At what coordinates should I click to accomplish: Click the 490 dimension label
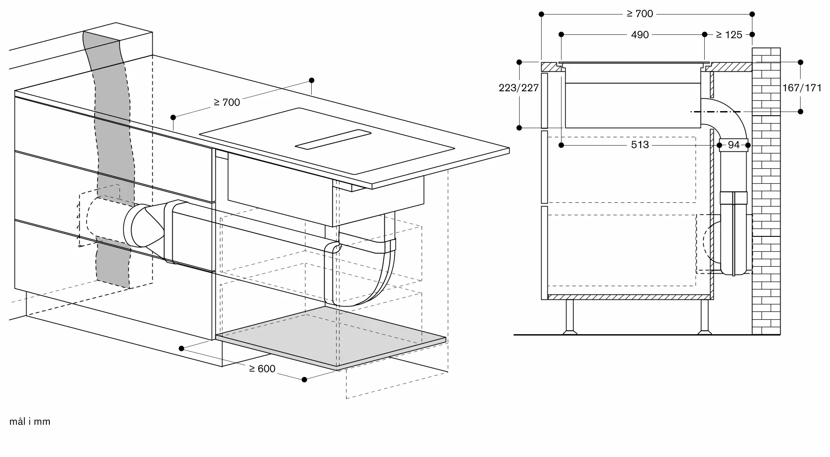[x=640, y=35]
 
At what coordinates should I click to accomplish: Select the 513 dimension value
[x=640, y=145]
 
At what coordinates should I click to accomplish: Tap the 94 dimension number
[x=734, y=145]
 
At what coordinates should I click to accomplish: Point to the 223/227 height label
[x=519, y=88]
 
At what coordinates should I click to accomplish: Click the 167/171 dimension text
[x=802, y=88]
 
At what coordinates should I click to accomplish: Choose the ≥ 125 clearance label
[x=729, y=35]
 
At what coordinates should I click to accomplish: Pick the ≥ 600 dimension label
[x=262, y=369]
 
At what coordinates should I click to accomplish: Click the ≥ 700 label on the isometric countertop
[x=227, y=102]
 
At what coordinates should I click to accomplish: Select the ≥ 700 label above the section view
[x=640, y=14]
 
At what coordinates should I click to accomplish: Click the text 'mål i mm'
[x=30, y=422]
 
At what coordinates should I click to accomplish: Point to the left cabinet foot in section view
[x=569, y=317]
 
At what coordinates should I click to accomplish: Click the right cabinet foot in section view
[x=704, y=317]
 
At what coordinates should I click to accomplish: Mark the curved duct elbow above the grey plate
[x=359, y=274]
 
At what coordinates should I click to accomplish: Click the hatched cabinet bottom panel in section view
[x=629, y=297]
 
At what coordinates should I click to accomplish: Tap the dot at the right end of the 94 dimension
[x=748, y=145]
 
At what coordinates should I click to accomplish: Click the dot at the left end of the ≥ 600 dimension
[x=181, y=348]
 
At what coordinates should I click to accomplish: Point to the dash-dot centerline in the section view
[x=716, y=112]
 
